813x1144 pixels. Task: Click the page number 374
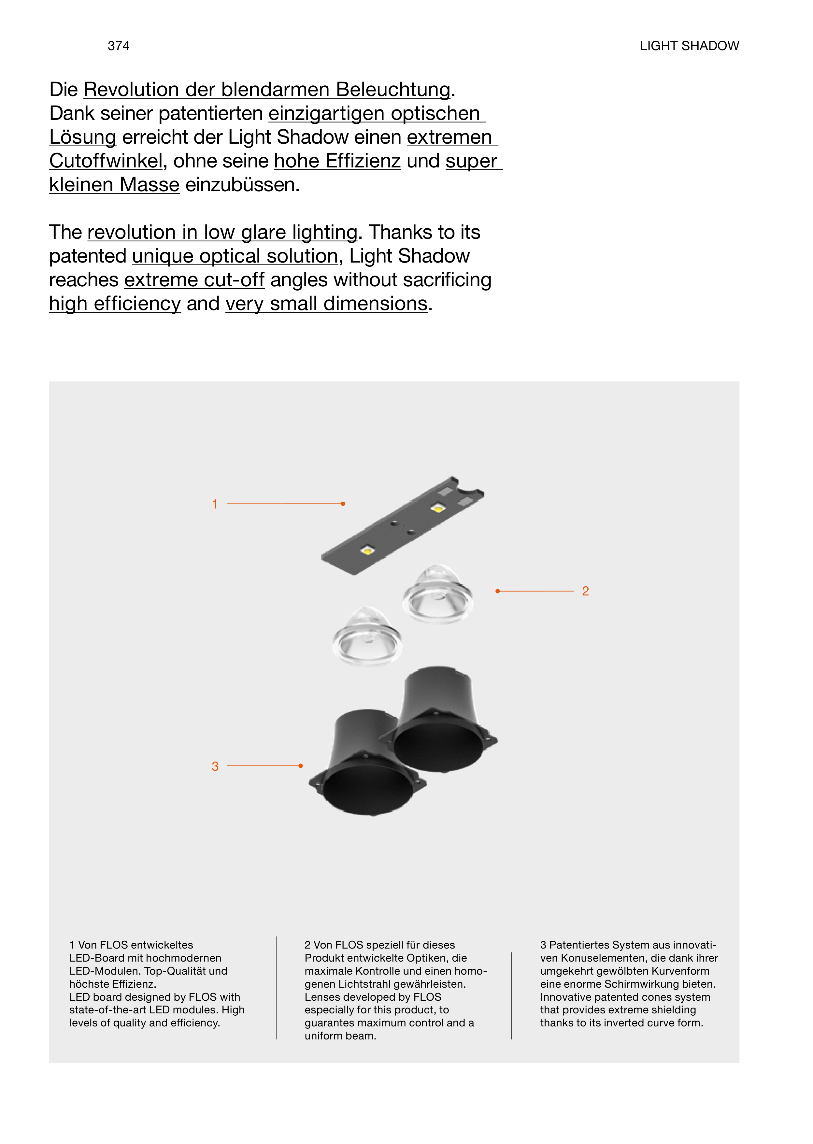click(119, 46)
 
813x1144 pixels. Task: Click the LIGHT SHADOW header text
click(689, 46)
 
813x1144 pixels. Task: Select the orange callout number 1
click(215, 504)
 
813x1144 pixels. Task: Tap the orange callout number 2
click(585, 591)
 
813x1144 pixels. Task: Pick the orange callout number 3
click(215, 766)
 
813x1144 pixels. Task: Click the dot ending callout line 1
click(343, 504)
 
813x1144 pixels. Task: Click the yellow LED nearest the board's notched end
click(437, 509)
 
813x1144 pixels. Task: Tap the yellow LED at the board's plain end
click(367, 551)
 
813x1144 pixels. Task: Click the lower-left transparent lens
click(367, 636)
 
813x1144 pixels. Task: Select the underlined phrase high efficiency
click(115, 304)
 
